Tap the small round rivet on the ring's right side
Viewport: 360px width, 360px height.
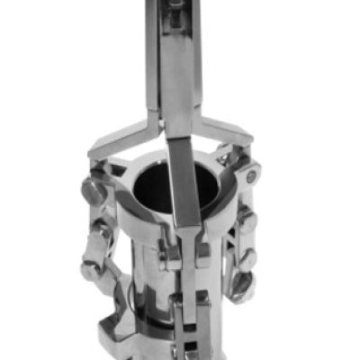pos(253,175)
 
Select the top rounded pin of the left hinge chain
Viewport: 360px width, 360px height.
pos(93,191)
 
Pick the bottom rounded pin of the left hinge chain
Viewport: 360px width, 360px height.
pos(91,269)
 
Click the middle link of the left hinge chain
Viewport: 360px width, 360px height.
pos(99,236)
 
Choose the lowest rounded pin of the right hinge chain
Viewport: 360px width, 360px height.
pos(241,286)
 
